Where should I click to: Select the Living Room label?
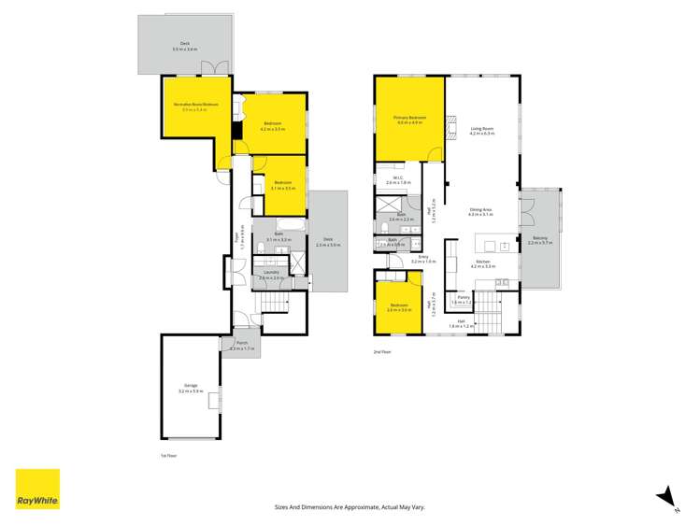point(482,131)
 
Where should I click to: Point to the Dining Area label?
point(481,211)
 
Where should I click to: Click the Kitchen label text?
point(482,264)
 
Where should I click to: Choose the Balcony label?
point(540,240)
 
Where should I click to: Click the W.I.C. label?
point(398,179)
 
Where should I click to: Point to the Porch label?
point(242,345)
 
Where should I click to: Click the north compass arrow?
point(665,496)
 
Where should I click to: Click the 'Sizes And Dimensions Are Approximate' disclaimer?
point(350,506)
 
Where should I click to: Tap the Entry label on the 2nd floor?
point(422,258)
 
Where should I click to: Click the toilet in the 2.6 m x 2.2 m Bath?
point(385,226)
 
